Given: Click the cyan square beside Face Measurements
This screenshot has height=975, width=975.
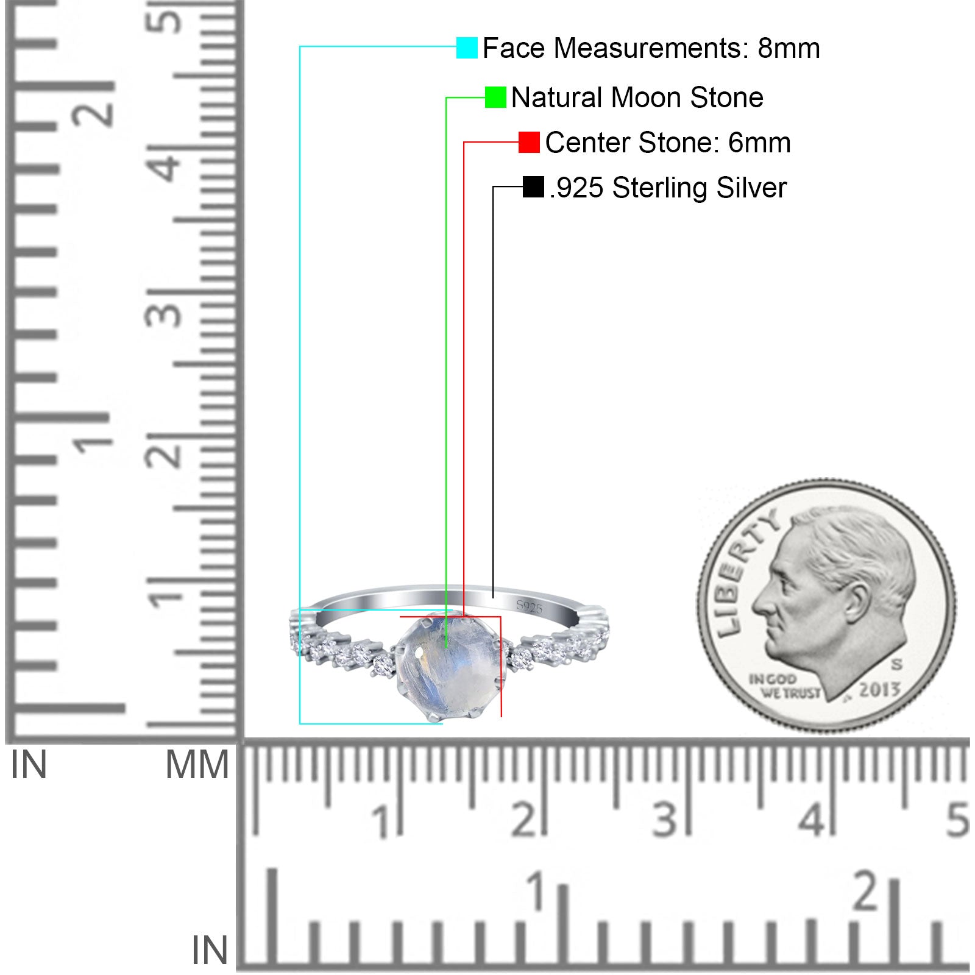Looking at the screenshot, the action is [x=467, y=48].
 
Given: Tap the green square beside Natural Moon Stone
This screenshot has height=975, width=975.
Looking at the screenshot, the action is [x=495, y=97].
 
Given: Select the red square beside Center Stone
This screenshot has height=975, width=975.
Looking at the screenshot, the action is [x=529, y=142].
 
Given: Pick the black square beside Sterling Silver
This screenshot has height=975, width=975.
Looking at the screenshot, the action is [x=533, y=186].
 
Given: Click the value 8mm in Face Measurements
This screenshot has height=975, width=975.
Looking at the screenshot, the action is [x=789, y=48].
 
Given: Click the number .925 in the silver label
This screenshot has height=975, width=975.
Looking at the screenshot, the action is [x=576, y=188].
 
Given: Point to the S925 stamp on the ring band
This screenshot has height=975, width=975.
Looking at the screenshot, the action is [x=529, y=607].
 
